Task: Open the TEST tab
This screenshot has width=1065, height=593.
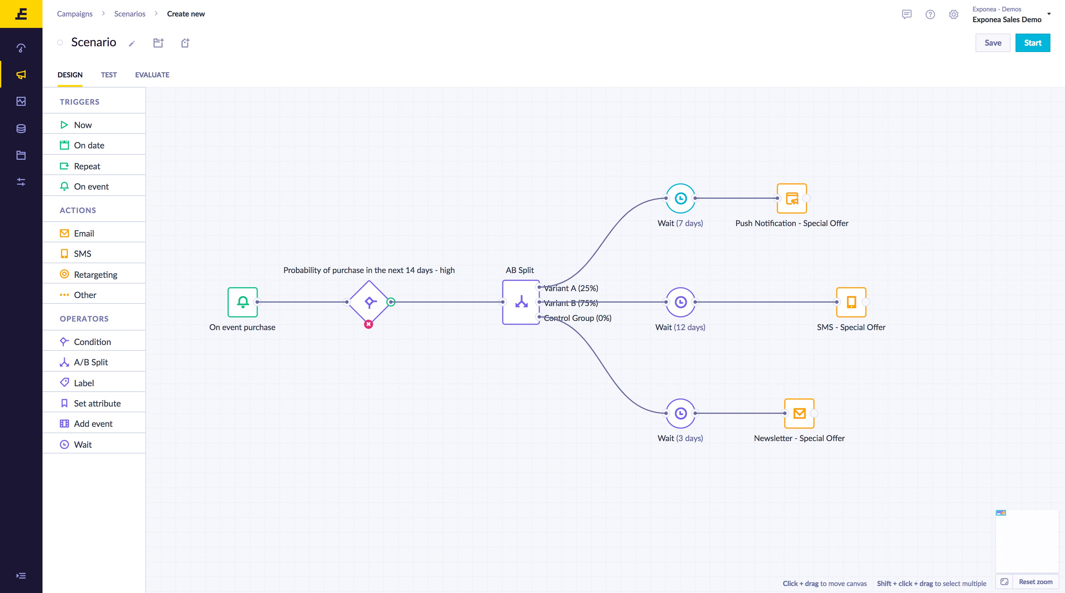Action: tap(109, 75)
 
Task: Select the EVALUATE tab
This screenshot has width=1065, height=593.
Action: tap(152, 75)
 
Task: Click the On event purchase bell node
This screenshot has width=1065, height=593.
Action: tap(243, 302)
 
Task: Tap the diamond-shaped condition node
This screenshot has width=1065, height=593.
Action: tap(369, 302)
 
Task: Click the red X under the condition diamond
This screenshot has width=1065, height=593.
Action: tap(368, 324)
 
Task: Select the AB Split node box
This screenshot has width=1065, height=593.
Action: tap(521, 302)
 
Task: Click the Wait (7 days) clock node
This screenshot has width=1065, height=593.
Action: tap(681, 199)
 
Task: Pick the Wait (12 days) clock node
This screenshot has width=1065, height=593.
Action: tap(681, 302)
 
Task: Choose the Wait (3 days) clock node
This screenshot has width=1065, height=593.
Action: tap(681, 413)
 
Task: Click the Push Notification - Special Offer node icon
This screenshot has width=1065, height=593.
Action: tap(792, 199)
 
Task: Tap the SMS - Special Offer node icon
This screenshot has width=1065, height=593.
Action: tap(851, 302)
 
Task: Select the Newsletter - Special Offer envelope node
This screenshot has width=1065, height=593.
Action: tap(799, 413)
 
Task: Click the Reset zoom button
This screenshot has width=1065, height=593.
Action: tap(1035, 582)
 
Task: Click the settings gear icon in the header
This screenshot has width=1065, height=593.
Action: tap(953, 15)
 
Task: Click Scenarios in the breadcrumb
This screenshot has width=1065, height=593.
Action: tap(130, 14)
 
